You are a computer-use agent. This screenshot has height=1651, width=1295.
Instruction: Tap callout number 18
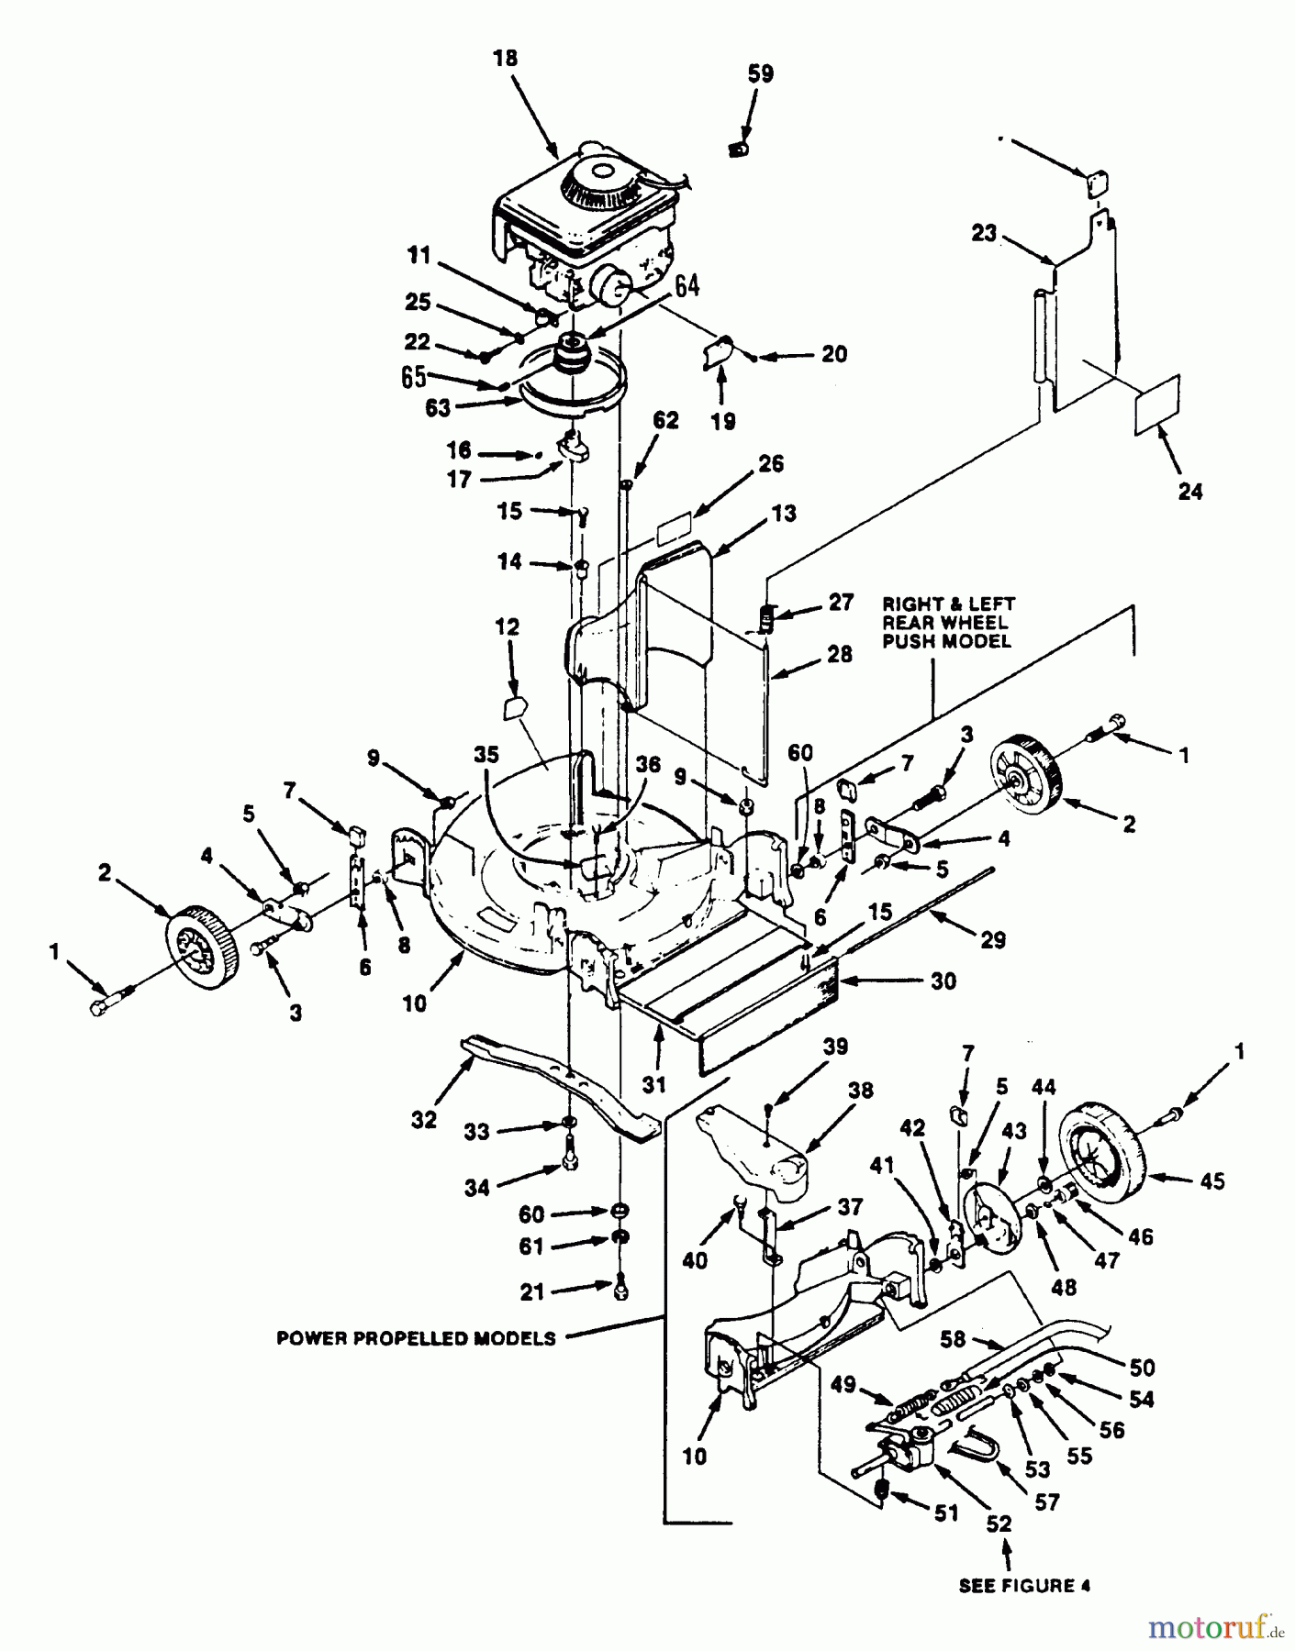[x=505, y=59]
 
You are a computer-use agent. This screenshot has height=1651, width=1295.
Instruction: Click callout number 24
[x=1189, y=492]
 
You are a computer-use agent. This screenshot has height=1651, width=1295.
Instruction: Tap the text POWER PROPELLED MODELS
[x=417, y=1338]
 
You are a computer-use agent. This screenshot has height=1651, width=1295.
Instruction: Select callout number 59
[x=761, y=74]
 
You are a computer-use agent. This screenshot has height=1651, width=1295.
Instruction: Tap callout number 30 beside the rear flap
[x=943, y=981]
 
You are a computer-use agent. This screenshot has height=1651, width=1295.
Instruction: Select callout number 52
[x=999, y=1524]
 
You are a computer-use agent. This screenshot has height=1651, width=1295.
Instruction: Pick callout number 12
[x=508, y=627]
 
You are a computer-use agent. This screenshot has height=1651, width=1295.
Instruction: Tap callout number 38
[x=862, y=1091]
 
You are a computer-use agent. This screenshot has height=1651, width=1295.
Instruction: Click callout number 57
[x=1047, y=1502]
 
